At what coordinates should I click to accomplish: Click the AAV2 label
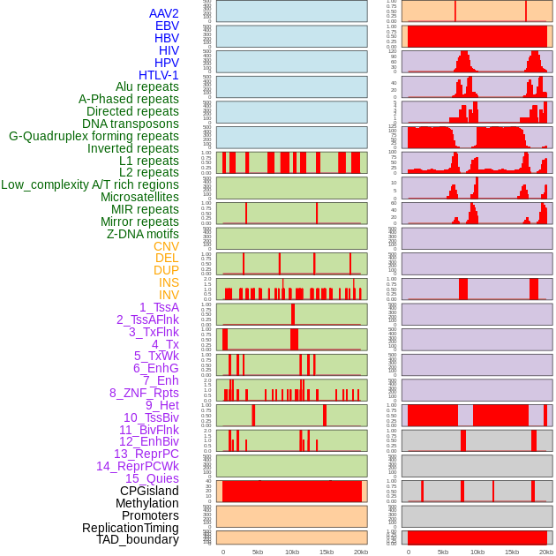(x=164, y=13)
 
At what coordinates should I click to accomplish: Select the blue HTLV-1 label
(x=159, y=75)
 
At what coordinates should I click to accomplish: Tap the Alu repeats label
(x=147, y=87)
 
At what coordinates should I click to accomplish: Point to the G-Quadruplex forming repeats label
(x=94, y=136)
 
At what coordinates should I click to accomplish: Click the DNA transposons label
(x=131, y=124)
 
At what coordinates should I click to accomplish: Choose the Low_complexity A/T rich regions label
(x=90, y=184)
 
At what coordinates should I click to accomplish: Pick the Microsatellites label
(x=139, y=197)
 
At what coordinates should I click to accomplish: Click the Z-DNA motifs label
(x=143, y=234)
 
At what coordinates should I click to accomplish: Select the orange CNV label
(x=166, y=246)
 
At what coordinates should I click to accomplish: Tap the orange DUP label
(x=166, y=270)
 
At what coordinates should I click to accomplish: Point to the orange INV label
(x=169, y=295)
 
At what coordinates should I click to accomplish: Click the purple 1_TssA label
(x=159, y=307)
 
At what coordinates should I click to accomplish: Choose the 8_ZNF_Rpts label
(x=144, y=393)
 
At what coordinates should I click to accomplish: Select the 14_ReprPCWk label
(x=138, y=466)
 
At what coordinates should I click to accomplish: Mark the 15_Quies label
(x=152, y=478)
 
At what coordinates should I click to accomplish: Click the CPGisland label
(x=149, y=491)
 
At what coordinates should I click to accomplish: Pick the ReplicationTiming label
(x=131, y=528)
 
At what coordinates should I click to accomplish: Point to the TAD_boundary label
(x=138, y=539)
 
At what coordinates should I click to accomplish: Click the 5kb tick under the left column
(x=258, y=552)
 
